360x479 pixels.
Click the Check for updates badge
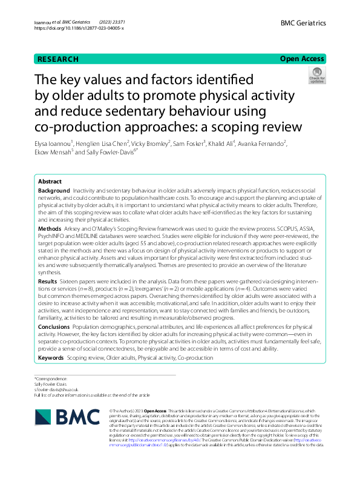coord(316,76)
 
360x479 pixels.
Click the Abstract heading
coord(50,165)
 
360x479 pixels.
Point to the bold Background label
coord(53,174)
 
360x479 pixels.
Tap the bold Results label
coord(48,282)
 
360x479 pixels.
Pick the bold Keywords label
coord(51,358)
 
